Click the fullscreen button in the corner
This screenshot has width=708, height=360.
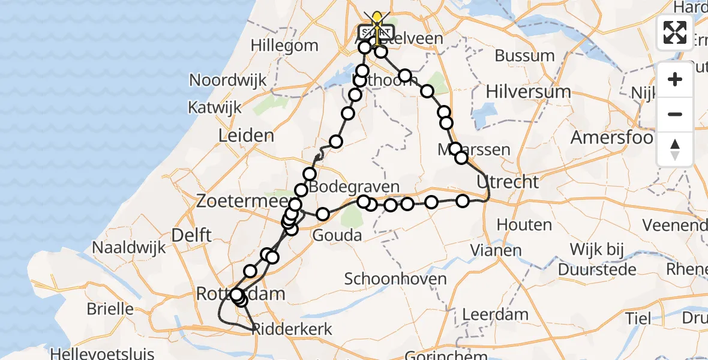click(675, 32)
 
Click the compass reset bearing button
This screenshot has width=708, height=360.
click(675, 148)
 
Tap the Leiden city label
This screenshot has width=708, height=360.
click(246, 136)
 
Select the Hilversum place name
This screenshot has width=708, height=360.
click(528, 92)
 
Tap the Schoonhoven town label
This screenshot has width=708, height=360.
click(395, 278)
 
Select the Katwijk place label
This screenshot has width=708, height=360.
click(214, 108)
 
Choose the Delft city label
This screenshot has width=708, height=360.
click(191, 235)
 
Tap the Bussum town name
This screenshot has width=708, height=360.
click(524, 56)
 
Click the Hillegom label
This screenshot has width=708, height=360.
click(284, 46)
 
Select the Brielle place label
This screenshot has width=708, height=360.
click(110, 309)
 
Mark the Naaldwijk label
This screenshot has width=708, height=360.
click(128, 247)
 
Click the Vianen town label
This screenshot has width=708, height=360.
click(496, 250)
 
